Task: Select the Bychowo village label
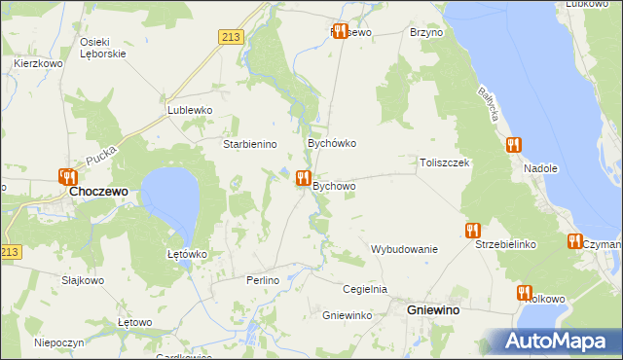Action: click(x=334, y=186)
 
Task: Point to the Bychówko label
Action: click(x=332, y=143)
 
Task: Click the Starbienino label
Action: click(x=251, y=144)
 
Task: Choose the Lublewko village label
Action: click(x=190, y=111)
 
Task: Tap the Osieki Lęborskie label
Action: click(x=102, y=48)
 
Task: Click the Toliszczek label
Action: click(x=445, y=162)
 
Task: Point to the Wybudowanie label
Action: click(x=404, y=249)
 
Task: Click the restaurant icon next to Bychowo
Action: click(x=303, y=179)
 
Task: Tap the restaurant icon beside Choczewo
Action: click(x=67, y=177)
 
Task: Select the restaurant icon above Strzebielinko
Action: click(x=473, y=231)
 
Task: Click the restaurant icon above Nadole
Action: click(x=513, y=145)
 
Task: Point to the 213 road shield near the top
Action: click(x=230, y=37)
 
